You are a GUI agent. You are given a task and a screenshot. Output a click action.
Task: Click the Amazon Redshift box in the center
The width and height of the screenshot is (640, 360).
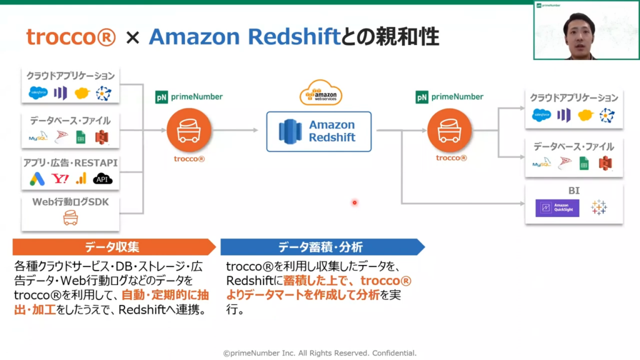click(x=319, y=131)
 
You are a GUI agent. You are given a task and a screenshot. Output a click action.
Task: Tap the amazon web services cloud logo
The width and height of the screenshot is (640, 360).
click(x=321, y=94)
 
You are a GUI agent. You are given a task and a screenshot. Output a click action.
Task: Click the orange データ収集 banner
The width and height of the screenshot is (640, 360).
click(x=112, y=247)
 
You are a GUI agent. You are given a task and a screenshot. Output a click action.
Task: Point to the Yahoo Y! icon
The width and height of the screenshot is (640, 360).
click(x=61, y=179)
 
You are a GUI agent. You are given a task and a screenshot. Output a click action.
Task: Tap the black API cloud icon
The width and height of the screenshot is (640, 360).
click(x=102, y=179)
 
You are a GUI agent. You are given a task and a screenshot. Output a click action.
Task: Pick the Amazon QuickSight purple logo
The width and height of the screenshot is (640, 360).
click(x=557, y=208)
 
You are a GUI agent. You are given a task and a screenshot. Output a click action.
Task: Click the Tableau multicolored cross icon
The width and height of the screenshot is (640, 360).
click(x=599, y=207)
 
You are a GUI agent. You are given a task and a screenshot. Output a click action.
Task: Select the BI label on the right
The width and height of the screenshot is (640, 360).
click(x=574, y=190)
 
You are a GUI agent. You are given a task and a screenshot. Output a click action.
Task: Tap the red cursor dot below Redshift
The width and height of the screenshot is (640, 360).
click(x=354, y=202)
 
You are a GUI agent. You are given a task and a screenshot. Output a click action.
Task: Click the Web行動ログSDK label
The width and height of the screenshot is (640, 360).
click(x=70, y=202)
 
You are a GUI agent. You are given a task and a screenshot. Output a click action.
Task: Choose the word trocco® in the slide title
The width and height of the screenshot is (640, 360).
click(x=71, y=37)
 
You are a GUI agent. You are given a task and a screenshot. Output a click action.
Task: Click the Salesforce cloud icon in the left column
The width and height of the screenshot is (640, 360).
click(x=38, y=94)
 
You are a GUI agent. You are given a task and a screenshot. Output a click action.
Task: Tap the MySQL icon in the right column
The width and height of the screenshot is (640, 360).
click(x=541, y=164)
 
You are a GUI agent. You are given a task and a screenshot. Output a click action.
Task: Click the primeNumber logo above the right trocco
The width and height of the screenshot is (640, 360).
click(x=449, y=97)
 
